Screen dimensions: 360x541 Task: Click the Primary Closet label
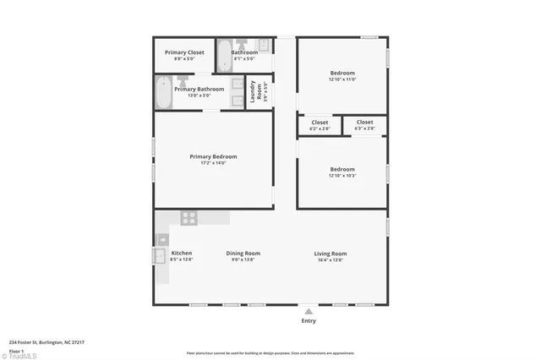pyautogui.click(x=183, y=52)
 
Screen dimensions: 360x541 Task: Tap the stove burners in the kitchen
pyautogui.click(x=189, y=217)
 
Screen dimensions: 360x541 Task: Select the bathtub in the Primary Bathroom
pyautogui.click(x=163, y=93)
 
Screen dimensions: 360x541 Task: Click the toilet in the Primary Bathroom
pyautogui.click(x=182, y=81)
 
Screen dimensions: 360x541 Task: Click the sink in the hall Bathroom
pyautogui.click(x=263, y=45)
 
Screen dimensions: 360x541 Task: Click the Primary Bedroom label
pyautogui.click(x=213, y=156)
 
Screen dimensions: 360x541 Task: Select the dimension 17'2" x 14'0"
pyautogui.click(x=213, y=163)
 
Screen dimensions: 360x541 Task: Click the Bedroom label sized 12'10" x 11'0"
pyautogui.click(x=342, y=73)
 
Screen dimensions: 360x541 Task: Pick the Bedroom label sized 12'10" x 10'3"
pyautogui.click(x=342, y=169)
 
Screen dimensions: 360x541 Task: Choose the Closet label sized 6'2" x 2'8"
pyautogui.click(x=320, y=122)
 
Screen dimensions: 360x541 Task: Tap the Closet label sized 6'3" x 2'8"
pyautogui.click(x=364, y=122)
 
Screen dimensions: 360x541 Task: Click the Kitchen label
pyautogui.click(x=182, y=254)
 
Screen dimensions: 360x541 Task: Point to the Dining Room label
pyautogui.click(x=243, y=254)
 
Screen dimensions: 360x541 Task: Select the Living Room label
pyautogui.click(x=330, y=254)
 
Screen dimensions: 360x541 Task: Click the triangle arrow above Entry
pyautogui.click(x=309, y=311)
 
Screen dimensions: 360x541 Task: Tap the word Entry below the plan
pyautogui.click(x=309, y=321)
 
